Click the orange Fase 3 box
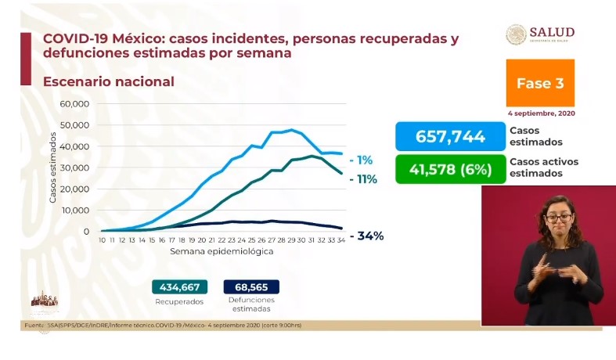[539, 83]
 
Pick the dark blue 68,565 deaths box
[250, 286]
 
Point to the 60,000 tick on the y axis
[76, 104]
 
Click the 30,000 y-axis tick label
[76, 168]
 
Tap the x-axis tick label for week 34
[341, 240]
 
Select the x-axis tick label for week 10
[103, 240]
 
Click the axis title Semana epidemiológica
[222, 252]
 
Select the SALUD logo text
[552, 32]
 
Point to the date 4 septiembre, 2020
[540, 114]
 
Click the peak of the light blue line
[291, 130]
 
